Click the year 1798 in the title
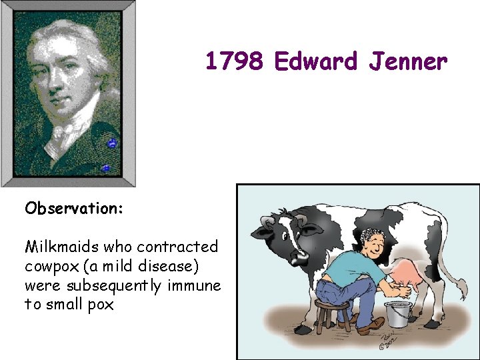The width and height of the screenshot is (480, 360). pos(235,62)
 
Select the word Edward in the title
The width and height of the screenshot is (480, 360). pos(315,62)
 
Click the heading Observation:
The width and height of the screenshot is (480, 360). pos(74,209)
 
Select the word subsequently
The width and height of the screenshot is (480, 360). pos(114,286)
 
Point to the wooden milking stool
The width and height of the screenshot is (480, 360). pos(332,313)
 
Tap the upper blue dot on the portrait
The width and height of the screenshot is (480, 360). pos(112,143)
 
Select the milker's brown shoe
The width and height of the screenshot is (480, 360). pos(371,327)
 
